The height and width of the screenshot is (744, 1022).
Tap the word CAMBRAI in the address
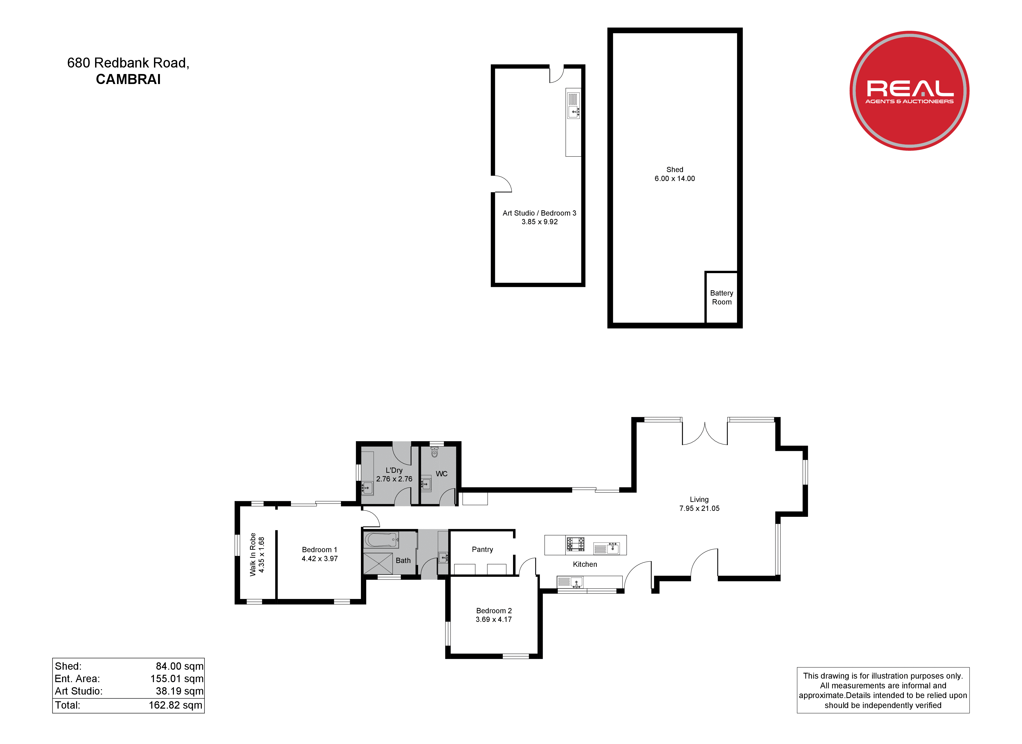point(128,79)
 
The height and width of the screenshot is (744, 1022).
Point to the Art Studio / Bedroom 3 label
point(540,213)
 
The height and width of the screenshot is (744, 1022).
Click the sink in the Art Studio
point(573,105)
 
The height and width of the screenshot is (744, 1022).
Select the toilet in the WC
point(434,452)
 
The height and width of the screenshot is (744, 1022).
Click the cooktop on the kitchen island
point(575,544)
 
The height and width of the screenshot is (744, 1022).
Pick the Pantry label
point(482,549)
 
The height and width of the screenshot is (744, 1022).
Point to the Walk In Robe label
point(253,554)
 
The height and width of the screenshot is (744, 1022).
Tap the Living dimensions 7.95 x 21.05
point(699,508)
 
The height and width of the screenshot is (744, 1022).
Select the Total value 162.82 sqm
point(176,705)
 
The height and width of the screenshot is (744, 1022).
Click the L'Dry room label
point(394,470)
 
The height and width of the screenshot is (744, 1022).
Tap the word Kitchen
point(585,564)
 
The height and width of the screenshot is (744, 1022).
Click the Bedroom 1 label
point(320,550)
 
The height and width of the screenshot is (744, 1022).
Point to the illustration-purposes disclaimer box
point(883,690)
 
